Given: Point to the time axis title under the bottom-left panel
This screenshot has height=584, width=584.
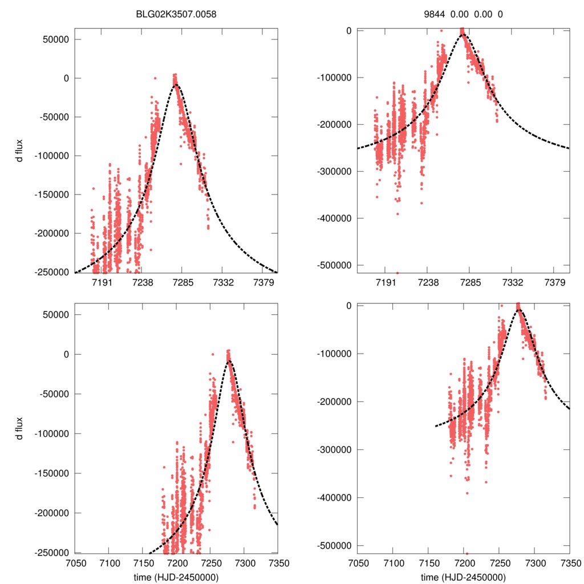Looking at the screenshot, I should click(176, 577).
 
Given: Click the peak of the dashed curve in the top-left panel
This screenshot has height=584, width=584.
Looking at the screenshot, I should click(176, 84).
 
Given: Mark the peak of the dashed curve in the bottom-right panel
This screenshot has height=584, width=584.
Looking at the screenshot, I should click(519, 310).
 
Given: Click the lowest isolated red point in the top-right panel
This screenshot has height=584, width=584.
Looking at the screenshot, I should click(398, 273).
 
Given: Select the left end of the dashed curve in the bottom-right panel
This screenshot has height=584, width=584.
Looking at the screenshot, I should click(435, 426).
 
